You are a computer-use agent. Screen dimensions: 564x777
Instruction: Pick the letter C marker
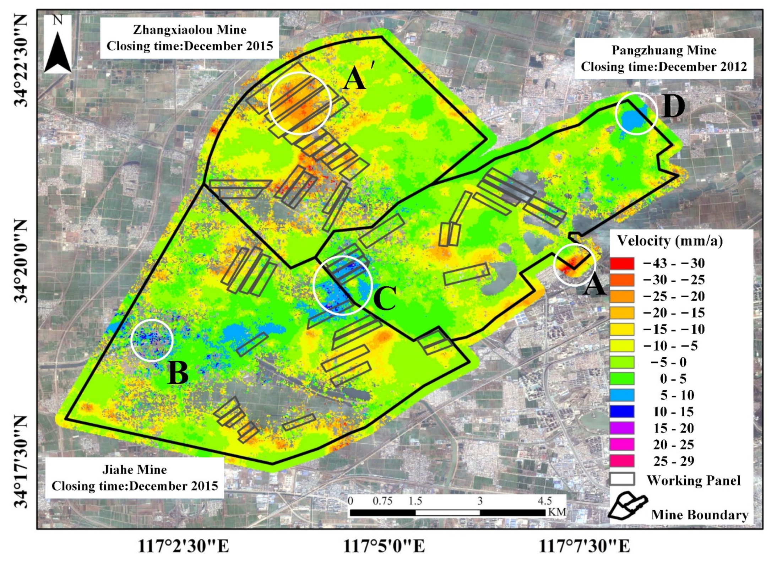coord(385,298)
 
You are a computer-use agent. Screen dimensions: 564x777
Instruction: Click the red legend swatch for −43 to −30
coord(622,264)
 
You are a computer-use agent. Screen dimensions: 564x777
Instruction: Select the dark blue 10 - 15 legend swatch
coord(622,412)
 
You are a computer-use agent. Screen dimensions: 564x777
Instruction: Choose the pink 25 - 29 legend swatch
coord(622,461)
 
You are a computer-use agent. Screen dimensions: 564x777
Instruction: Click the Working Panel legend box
coord(622,479)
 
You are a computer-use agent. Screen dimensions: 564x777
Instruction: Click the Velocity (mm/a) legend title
coord(670,241)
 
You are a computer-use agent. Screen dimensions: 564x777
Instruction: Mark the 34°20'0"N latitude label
coord(21,260)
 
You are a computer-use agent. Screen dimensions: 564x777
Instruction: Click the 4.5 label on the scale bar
coord(545,501)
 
